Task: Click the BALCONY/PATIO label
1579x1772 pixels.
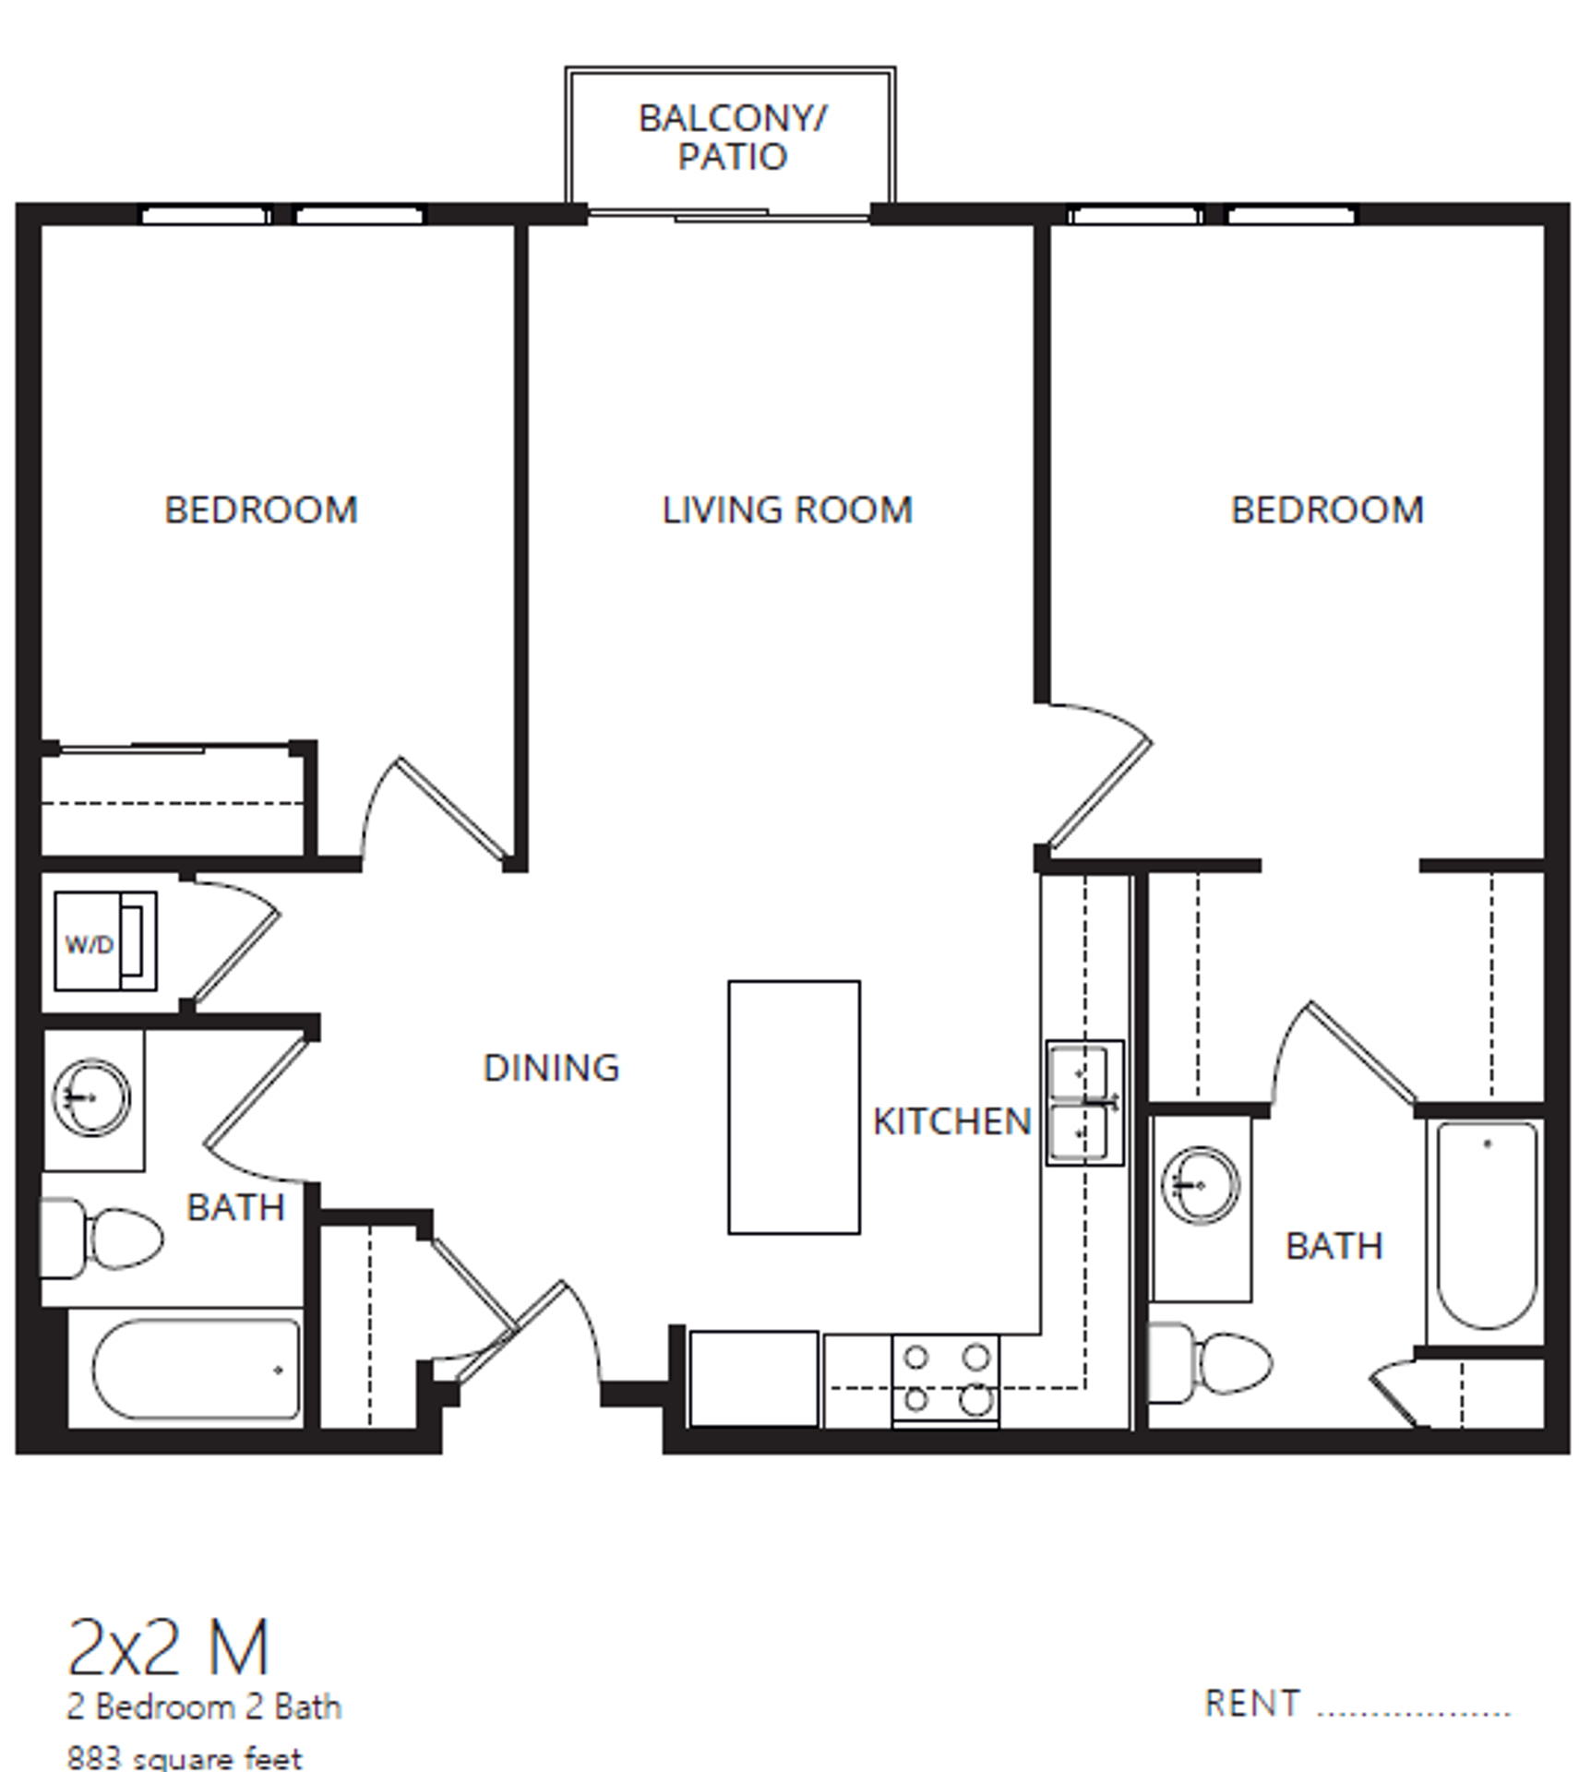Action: [x=732, y=138]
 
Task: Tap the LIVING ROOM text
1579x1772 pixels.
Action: [x=786, y=510]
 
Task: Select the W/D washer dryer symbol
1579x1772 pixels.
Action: [x=104, y=941]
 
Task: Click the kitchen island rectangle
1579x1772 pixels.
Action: [x=794, y=1107]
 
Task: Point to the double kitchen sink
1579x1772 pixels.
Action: [x=1084, y=1103]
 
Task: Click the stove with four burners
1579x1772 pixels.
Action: [x=945, y=1381]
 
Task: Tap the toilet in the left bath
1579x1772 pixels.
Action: [x=106, y=1239]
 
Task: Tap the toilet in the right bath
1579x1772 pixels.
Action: [x=1213, y=1362]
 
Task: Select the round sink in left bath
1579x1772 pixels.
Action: [x=91, y=1098]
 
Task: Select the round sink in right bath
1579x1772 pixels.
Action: [x=1200, y=1185]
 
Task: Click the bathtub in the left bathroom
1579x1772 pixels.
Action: [x=195, y=1370]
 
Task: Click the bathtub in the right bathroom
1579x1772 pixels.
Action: [x=1486, y=1225]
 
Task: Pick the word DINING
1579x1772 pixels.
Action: [x=551, y=1068]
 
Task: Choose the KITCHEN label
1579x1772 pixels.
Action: [x=951, y=1121]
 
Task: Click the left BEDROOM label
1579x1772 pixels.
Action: [x=261, y=510]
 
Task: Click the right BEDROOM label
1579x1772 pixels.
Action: [x=1327, y=510]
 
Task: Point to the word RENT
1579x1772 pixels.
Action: [x=1252, y=1704]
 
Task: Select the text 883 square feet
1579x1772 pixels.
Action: [x=185, y=1757]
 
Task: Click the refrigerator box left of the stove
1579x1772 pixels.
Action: [x=754, y=1378]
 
